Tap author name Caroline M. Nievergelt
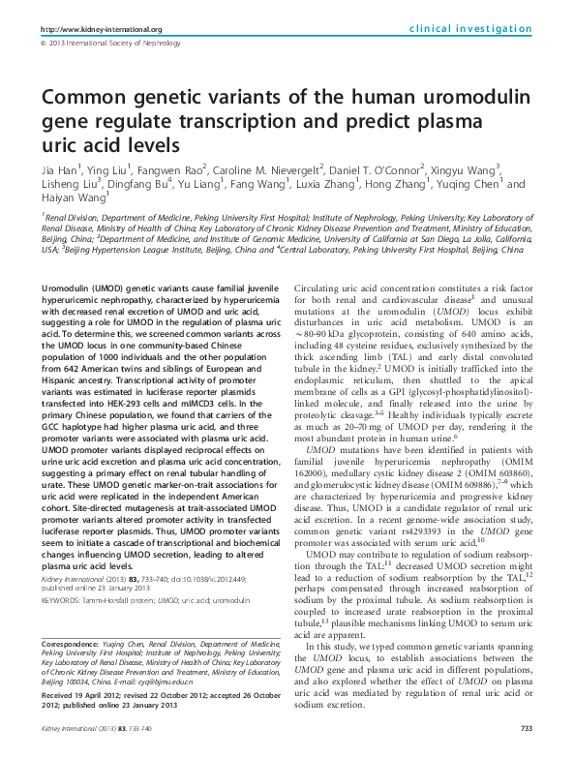pos(269,167)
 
